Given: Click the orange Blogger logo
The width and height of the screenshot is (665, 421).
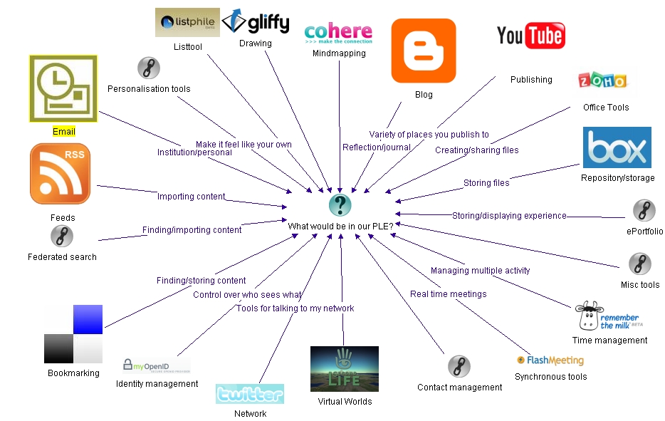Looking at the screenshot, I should pos(423,51).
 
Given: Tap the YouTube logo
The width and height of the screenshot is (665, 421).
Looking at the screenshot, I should pos(530,35).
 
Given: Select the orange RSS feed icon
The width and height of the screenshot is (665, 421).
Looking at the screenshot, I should pos(61,173).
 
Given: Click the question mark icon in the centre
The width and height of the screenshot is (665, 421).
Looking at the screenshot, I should pos(340,205).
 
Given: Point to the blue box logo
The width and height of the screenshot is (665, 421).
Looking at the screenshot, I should pos(617,147).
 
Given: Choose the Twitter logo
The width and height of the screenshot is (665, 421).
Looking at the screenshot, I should pos(249,394).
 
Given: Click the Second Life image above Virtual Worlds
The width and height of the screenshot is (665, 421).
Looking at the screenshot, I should pos(344,368).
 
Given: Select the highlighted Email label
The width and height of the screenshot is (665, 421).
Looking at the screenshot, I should pos(64,132).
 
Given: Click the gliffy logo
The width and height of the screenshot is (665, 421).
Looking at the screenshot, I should pos(256,22).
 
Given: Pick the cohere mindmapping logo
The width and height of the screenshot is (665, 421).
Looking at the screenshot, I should pos(338,33).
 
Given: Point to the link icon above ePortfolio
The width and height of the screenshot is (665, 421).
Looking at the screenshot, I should pos(644,211).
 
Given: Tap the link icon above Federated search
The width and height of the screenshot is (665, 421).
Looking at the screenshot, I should pos(62,236).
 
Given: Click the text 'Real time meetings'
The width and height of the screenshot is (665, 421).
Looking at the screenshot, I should pos(449,293).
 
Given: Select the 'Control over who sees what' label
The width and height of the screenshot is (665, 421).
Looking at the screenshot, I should pos(247,294).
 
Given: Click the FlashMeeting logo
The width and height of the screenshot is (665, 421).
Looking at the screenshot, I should pos(550,360).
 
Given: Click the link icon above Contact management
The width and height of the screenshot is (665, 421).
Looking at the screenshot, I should pos(459,367).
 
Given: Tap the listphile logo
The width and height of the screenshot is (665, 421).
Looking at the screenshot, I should pos(187,22).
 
